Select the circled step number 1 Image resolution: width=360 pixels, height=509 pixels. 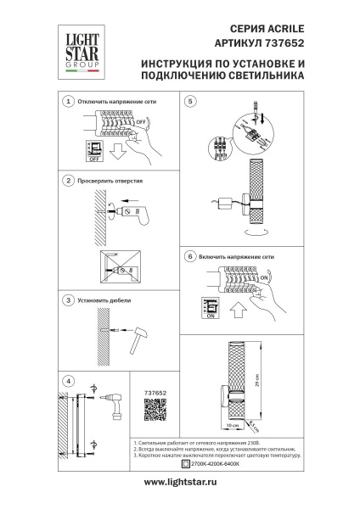point(68,102)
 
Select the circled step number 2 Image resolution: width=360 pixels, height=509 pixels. point(68,182)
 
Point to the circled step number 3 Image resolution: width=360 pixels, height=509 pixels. point(68,300)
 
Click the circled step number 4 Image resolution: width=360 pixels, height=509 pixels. point(68,380)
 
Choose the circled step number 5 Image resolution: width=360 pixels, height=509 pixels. point(191,102)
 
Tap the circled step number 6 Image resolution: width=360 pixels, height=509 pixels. point(191,255)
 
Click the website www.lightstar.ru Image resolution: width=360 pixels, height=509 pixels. point(180,482)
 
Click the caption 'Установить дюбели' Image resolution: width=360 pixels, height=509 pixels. point(104,300)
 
